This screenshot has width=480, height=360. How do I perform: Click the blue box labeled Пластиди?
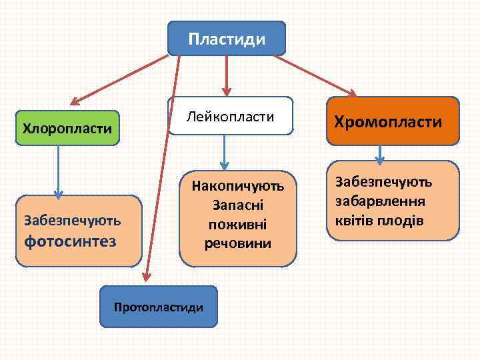[x=227, y=38]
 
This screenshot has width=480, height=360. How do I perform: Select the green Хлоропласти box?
[x=67, y=127]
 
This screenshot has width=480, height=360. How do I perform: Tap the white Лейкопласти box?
[x=231, y=117]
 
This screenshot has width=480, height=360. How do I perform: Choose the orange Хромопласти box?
[x=393, y=121]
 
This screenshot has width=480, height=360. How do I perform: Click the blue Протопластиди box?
[x=159, y=307]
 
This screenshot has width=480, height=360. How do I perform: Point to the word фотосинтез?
[x=70, y=240]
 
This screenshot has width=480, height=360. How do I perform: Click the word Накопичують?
[x=237, y=185]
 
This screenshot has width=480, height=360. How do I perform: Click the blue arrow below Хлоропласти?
[x=59, y=171]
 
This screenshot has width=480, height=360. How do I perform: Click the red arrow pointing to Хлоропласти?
[x=120, y=79]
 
